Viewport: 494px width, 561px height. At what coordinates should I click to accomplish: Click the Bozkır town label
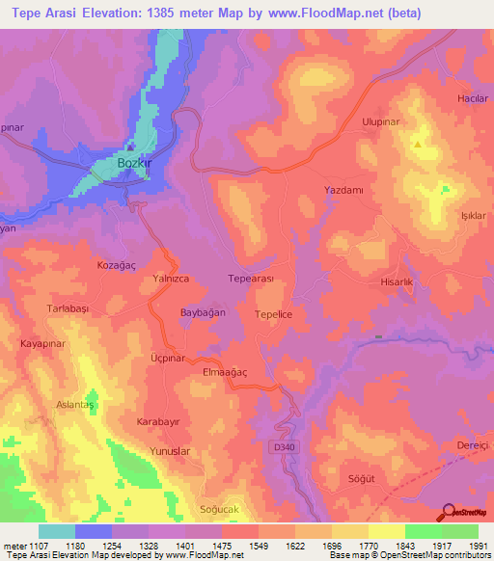click(x=134, y=163)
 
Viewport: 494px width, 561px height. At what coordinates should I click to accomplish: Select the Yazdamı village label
click(x=343, y=191)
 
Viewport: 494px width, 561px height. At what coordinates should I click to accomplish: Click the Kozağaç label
click(x=117, y=262)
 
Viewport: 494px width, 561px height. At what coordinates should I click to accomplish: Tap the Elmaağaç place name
click(x=223, y=371)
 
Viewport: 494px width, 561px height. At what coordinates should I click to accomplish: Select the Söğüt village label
click(x=358, y=478)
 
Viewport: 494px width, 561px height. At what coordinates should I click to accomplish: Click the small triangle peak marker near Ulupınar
click(x=417, y=145)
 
